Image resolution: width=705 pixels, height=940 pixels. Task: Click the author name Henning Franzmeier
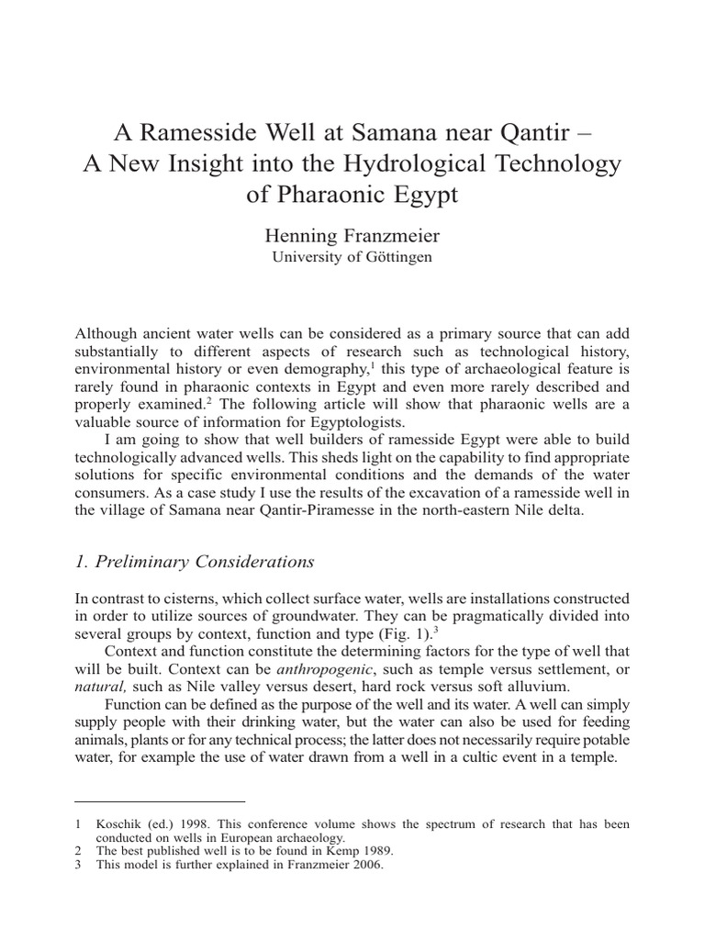(x=352, y=235)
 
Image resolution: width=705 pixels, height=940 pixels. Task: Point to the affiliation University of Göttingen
(x=352, y=257)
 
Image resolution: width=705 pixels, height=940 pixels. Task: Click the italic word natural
(x=99, y=686)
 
